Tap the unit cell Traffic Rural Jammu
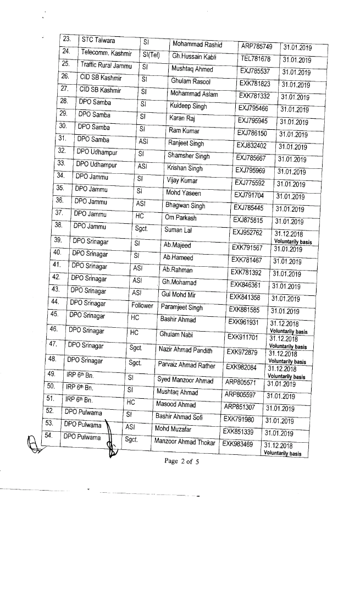(107, 65)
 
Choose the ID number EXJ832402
(251, 145)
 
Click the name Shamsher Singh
(188, 156)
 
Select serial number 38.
(58, 225)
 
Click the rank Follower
(142, 305)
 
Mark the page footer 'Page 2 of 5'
(181, 461)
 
